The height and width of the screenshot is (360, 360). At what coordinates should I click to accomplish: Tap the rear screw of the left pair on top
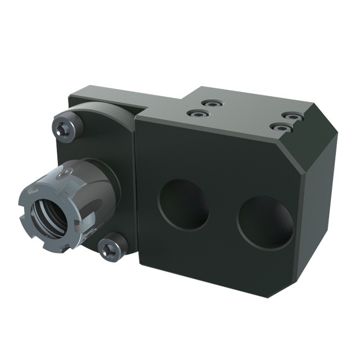click(x=212, y=104)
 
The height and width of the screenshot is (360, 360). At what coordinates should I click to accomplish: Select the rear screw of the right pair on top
click(x=291, y=116)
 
